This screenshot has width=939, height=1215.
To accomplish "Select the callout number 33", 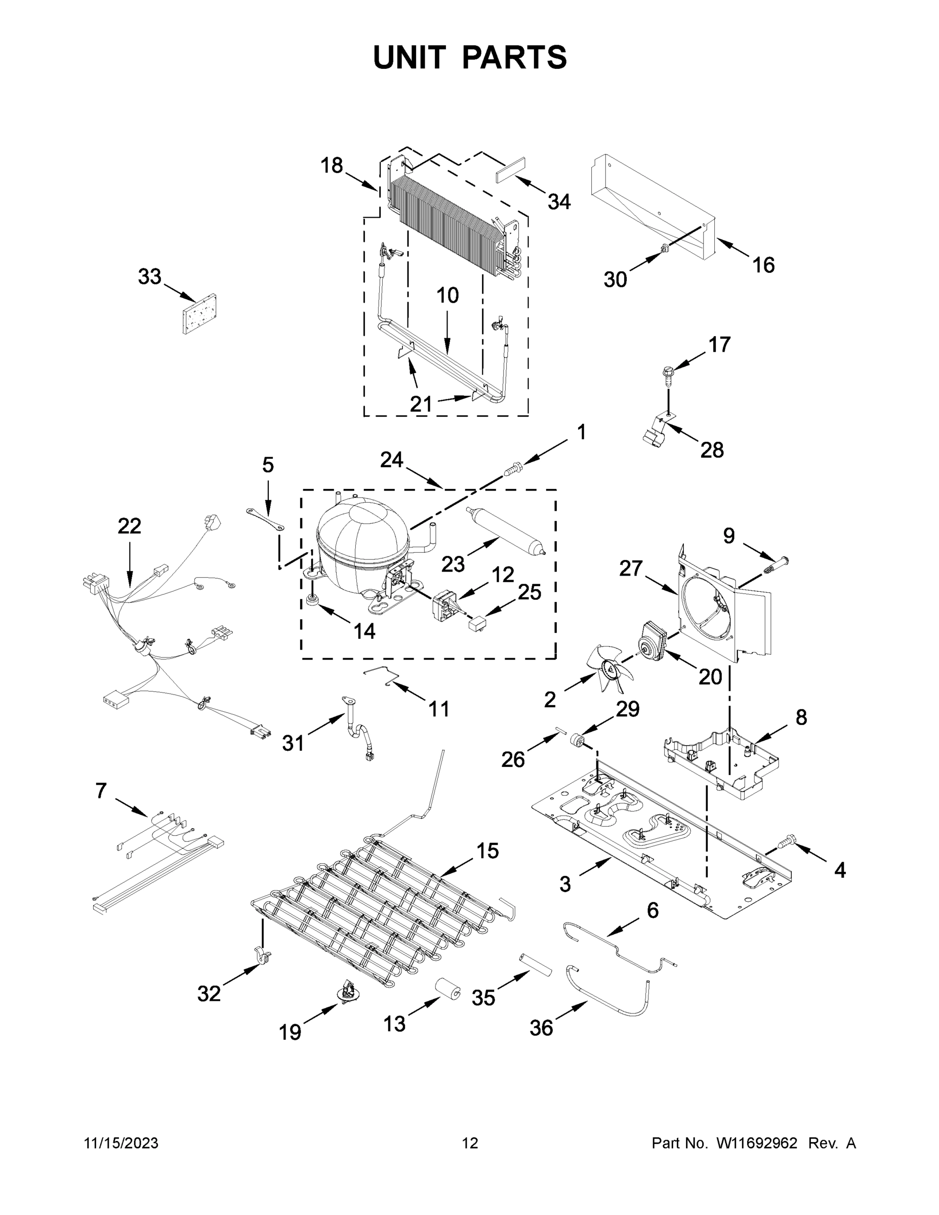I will pos(150,276).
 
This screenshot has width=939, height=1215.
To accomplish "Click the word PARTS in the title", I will pos(514,57).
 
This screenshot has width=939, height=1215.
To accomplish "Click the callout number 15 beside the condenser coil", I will pos(487,851).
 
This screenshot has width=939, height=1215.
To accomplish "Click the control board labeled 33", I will pos(198,314).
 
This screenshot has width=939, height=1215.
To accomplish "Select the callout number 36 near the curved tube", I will pos(541,1028).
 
